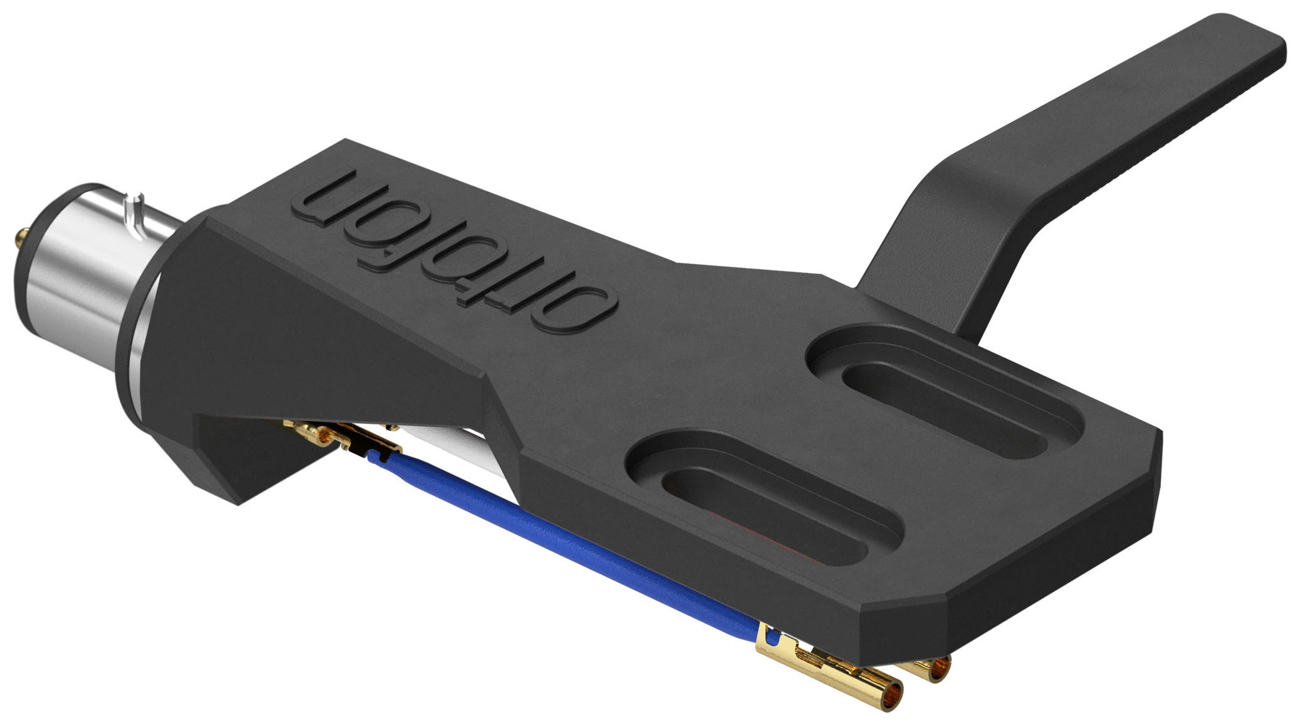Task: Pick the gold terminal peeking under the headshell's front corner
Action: [932, 669]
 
